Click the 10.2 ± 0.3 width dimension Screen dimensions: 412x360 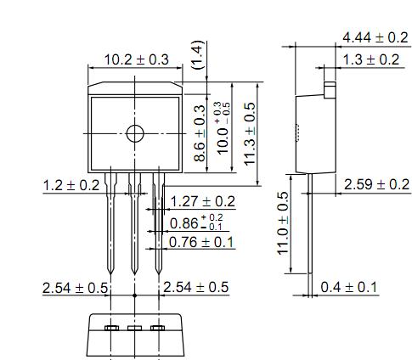pos(137,59)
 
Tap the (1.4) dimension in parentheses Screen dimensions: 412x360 pos(197,55)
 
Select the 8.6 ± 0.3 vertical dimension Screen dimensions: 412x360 pos(200,133)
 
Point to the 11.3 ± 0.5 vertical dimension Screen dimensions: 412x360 pos(250,133)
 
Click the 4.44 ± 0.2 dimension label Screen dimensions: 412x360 pos(375,37)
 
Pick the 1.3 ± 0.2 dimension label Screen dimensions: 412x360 pos(371,59)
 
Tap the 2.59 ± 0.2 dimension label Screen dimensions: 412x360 pos(376,184)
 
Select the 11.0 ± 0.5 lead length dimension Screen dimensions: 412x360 pos(283,223)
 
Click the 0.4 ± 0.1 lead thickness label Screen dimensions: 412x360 pos(348,287)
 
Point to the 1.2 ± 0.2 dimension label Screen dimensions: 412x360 pos(71,186)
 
